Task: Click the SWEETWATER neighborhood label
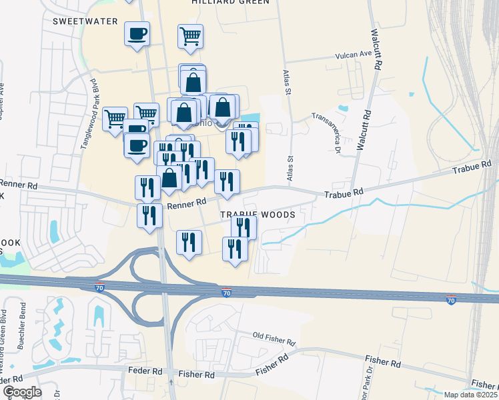click(x=85, y=21)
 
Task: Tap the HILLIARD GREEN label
click(x=230, y=2)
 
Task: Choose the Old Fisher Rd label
click(x=274, y=338)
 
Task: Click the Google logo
click(x=21, y=391)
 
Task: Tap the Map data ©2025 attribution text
click(x=470, y=395)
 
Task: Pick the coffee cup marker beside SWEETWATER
click(x=137, y=34)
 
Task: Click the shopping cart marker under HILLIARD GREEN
click(x=190, y=37)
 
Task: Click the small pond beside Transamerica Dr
click(x=343, y=107)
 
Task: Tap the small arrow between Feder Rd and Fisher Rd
click(x=171, y=382)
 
